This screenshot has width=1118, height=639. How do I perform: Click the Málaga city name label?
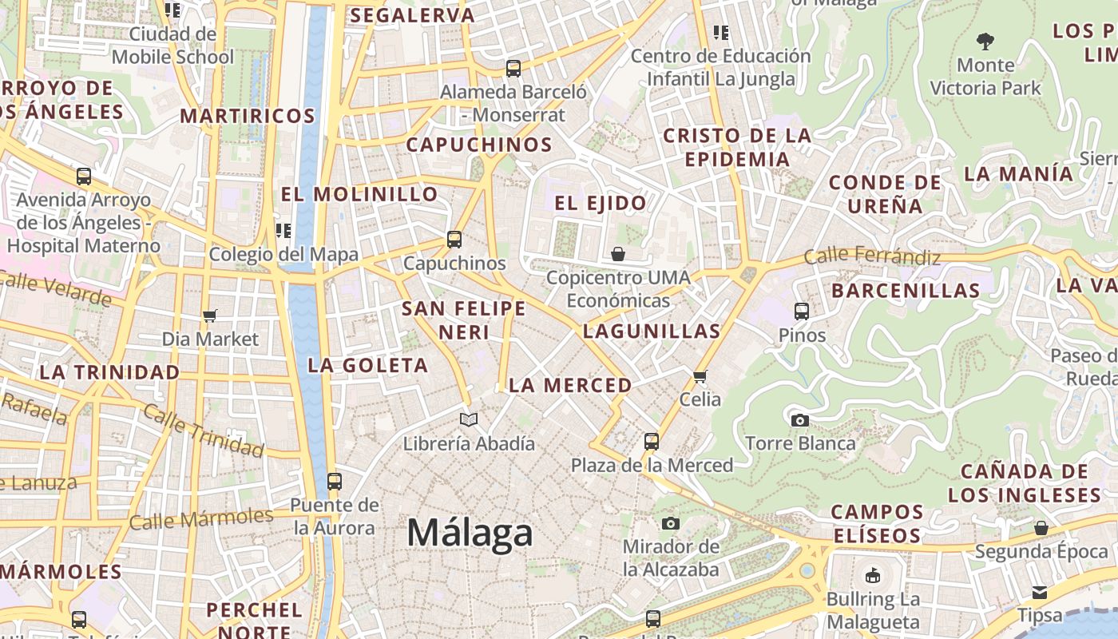click(x=470, y=533)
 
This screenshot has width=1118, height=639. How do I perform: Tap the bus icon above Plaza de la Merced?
click(x=652, y=441)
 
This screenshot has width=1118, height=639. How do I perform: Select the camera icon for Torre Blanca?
click(x=799, y=420)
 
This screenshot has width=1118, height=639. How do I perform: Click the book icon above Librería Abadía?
click(x=469, y=419)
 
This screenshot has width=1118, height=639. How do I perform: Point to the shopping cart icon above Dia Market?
click(x=210, y=316)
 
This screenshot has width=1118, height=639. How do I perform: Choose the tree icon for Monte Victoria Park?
click(x=985, y=41)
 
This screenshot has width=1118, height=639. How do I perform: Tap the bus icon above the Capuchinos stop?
click(x=454, y=239)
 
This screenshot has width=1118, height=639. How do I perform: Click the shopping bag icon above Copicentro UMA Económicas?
click(x=618, y=254)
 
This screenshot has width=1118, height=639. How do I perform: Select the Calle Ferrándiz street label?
click(x=872, y=257)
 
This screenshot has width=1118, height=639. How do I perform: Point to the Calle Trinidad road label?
click(x=203, y=431)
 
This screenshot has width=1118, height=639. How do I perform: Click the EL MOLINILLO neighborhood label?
click(x=359, y=194)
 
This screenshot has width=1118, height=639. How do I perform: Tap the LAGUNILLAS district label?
click(x=652, y=331)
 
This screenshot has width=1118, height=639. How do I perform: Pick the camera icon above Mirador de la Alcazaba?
click(x=671, y=523)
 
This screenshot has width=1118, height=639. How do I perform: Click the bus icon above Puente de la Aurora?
click(x=335, y=482)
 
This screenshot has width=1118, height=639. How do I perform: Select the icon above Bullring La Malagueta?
click(x=873, y=575)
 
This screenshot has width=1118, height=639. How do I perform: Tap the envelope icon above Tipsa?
click(x=1040, y=592)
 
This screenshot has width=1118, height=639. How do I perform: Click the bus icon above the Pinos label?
click(x=802, y=312)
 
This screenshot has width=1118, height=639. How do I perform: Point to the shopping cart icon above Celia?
click(x=700, y=375)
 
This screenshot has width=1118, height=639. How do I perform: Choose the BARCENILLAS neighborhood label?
click(x=906, y=290)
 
